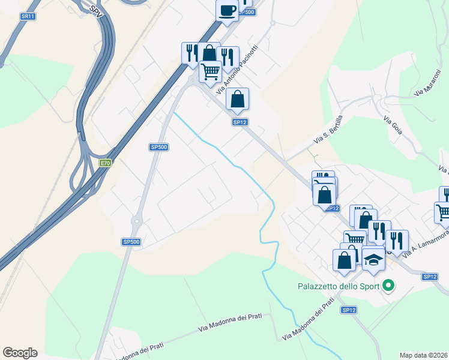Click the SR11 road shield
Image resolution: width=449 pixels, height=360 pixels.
tap(28, 16)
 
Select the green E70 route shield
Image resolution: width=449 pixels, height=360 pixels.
tap(106, 163)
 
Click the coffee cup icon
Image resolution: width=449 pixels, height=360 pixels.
tap(228, 10)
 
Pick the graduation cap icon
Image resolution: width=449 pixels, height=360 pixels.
tap(373, 259)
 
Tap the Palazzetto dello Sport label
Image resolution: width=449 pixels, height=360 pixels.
tap(339, 286)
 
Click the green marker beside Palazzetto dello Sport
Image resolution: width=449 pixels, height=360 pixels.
tap(388, 286)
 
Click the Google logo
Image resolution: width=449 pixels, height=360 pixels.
tap(20, 353)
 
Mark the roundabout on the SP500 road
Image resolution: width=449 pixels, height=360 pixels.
tap(136, 221)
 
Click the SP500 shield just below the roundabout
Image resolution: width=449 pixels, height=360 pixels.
tap(131, 242)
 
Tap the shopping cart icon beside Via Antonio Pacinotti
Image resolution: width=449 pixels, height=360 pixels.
tap(210, 71)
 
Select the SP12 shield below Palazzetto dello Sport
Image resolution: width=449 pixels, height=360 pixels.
tap(349, 310)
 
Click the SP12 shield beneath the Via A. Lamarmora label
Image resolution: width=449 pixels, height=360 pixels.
tap(429, 277)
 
